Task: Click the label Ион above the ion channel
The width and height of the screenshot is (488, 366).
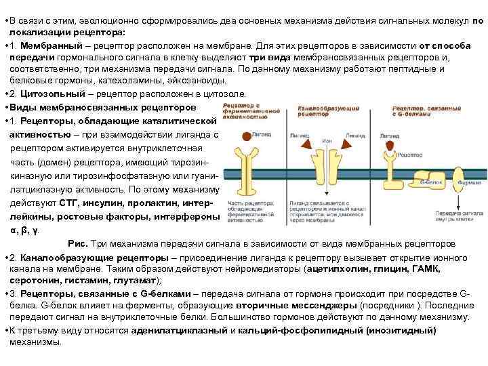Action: click(327, 140)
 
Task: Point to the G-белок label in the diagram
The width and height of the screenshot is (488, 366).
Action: click(430, 182)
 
